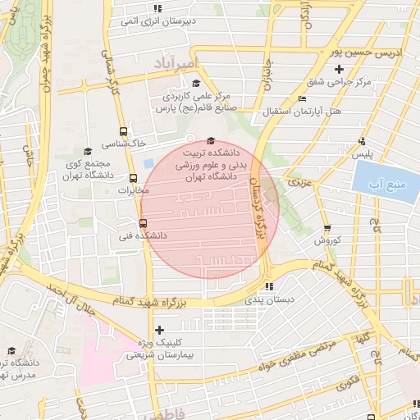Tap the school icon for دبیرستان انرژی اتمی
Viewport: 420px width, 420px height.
(157, 8)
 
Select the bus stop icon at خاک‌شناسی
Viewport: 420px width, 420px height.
(123, 131)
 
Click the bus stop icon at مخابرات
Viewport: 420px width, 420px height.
(134, 178)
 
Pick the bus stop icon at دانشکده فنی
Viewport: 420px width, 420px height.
(144, 222)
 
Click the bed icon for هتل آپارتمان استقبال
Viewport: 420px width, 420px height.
(303, 98)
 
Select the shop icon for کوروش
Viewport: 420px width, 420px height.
(328, 228)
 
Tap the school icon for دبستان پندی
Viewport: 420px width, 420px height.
(268, 287)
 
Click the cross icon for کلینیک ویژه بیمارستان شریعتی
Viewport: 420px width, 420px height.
(159, 330)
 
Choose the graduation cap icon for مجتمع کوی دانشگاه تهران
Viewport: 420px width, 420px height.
(88, 151)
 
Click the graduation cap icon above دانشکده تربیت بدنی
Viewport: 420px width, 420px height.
(212, 140)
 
